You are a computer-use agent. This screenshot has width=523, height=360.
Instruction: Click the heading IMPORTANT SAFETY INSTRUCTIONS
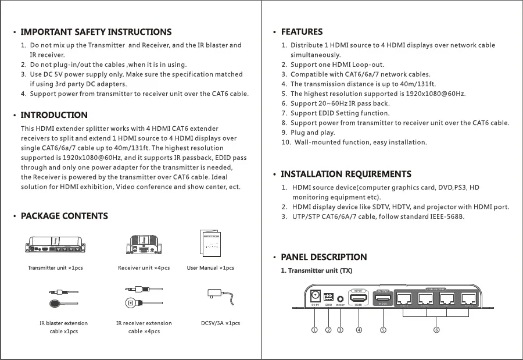click(96, 32)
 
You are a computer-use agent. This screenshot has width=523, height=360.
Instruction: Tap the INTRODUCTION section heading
click(54, 115)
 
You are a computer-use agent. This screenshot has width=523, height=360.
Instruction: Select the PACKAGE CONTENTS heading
click(64, 216)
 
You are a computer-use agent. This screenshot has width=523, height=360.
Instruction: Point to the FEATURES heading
click(302, 32)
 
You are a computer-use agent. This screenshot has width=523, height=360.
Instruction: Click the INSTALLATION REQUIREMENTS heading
click(346, 174)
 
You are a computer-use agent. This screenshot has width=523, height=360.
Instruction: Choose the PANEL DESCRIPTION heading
click(324, 257)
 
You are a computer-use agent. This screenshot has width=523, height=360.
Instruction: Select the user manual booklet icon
click(210, 243)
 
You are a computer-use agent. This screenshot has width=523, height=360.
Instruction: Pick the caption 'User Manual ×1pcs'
click(210, 268)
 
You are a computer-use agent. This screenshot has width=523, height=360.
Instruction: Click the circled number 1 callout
click(314, 330)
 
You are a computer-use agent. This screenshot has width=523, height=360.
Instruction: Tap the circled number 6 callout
click(436, 330)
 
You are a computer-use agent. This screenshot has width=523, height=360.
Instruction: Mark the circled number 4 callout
click(359, 330)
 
